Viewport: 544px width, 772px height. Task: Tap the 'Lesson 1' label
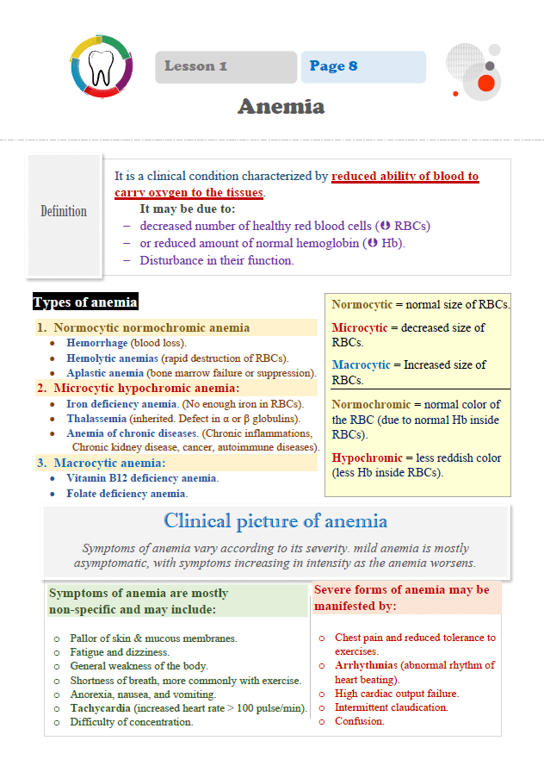click(195, 66)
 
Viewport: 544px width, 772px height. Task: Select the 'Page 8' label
click(333, 66)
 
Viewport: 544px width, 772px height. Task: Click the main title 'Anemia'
click(281, 107)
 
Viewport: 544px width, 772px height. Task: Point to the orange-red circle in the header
click(485, 83)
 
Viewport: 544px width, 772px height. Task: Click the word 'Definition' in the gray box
click(64, 211)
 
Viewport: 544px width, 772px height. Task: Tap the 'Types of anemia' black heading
click(84, 302)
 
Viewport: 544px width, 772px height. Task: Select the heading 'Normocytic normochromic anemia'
click(151, 327)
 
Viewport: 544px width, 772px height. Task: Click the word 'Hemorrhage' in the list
click(96, 343)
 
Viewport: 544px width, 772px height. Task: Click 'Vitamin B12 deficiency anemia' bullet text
click(142, 478)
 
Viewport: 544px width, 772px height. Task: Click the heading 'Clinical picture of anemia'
click(275, 520)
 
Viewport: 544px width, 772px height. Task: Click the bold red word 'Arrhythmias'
click(366, 665)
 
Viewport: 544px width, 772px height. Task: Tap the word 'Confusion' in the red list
click(359, 721)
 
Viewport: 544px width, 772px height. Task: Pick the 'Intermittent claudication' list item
click(392, 707)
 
